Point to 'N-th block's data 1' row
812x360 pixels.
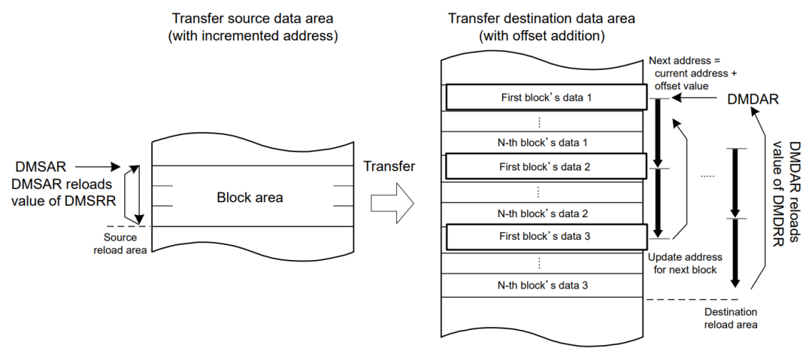[543, 141]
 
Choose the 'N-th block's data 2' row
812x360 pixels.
[543, 213]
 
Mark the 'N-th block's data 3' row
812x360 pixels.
[543, 285]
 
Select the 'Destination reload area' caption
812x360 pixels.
[730, 317]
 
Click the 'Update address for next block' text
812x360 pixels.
[684, 263]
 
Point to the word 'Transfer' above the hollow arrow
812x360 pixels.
[389, 166]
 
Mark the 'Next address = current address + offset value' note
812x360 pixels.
[686, 73]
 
